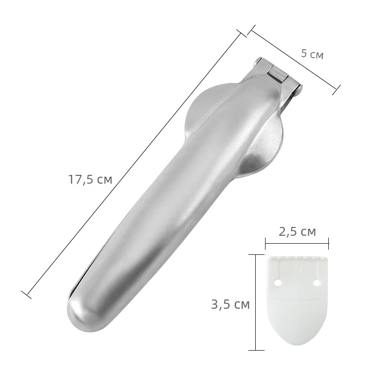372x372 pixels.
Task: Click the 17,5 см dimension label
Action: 90,179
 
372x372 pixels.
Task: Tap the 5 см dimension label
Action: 312,54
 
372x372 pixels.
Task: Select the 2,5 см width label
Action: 297,232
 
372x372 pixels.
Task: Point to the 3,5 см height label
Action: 230,304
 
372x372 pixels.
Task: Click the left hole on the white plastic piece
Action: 277,283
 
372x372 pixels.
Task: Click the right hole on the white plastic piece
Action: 317,283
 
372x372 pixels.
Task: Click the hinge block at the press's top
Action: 279,74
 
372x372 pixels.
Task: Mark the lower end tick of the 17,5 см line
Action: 26,294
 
